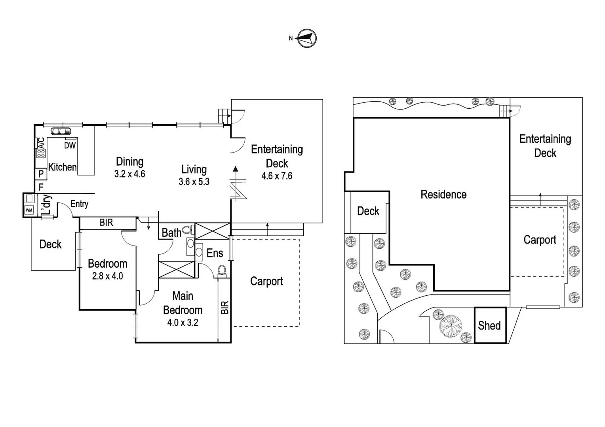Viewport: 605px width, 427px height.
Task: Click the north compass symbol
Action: [x=306, y=38]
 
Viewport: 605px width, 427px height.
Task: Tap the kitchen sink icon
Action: [x=61, y=131]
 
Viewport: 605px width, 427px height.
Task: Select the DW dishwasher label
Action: [x=70, y=145]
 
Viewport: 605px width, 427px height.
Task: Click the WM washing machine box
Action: [x=29, y=210]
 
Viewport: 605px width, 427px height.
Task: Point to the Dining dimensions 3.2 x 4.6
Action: [x=129, y=174]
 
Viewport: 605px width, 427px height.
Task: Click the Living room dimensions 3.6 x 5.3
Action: [x=194, y=182]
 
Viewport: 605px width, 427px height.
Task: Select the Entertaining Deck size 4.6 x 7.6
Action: [x=277, y=176]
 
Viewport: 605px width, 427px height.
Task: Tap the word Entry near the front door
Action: [x=79, y=204]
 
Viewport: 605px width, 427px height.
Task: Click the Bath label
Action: [x=171, y=233]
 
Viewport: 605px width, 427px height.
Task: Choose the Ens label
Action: [x=215, y=253]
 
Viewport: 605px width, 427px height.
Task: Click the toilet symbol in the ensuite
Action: [x=222, y=270]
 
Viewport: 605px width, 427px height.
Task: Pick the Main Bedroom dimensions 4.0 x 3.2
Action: [x=183, y=323]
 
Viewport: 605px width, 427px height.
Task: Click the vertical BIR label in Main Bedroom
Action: [x=224, y=308]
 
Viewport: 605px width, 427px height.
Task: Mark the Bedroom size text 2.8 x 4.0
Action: [x=107, y=276]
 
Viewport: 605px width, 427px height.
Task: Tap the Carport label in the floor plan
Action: [x=266, y=282]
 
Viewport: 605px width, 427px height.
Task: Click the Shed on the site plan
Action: [x=490, y=325]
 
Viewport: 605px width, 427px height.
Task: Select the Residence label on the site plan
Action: [x=443, y=195]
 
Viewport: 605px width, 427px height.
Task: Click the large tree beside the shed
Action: [x=451, y=327]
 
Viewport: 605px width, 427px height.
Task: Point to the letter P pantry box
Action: [x=41, y=174]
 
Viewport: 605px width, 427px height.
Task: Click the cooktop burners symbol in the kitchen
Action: [x=41, y=153]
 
